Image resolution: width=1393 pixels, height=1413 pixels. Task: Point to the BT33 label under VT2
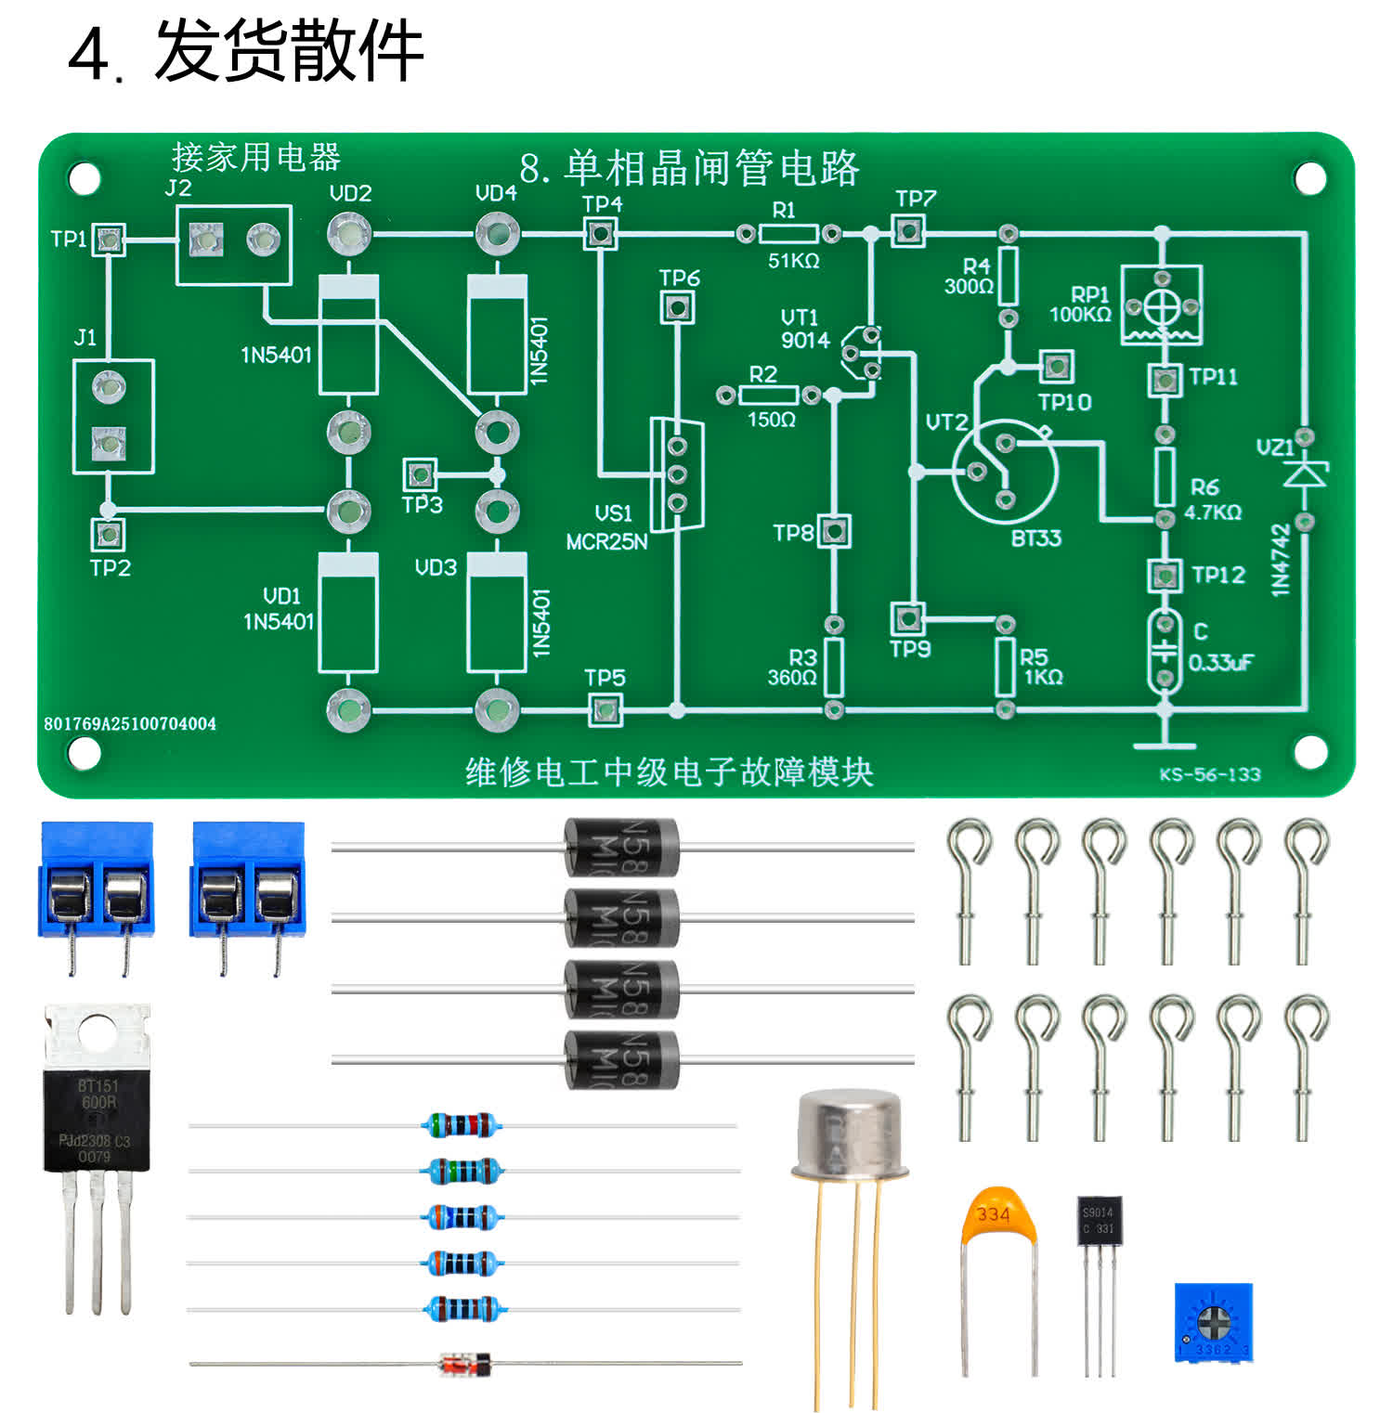click(x=1035, y=538)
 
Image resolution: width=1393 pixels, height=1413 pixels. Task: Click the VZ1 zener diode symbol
click(x=1305, y=474)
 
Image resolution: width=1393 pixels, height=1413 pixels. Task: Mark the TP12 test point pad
click(x=1165, y=576)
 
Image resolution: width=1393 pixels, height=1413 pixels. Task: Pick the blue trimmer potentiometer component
click(x=1213, y=1322)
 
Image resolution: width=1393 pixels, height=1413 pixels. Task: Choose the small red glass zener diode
click(x=464, y=1364)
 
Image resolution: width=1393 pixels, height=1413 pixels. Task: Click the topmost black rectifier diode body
click(x=621, y=847)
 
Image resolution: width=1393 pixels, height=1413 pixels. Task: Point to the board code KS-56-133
click(x=1209, y=774)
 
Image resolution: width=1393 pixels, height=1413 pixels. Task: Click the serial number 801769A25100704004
click(x=130, y=723)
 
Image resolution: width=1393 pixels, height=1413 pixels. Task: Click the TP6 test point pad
click(x=677, y=306)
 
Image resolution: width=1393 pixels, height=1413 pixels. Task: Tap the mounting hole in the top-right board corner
click(x=1309, y=177)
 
